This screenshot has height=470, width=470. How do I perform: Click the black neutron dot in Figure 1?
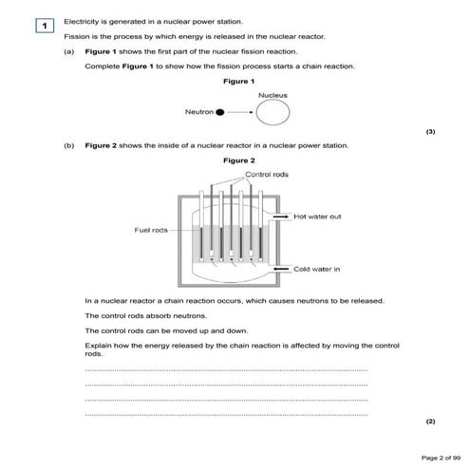(220, 112)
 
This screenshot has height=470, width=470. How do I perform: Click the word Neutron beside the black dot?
(199, 112)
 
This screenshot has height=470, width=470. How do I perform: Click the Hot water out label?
(318, 217)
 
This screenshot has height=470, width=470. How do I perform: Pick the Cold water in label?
(316, 269)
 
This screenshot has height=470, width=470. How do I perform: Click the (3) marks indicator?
(430, 132)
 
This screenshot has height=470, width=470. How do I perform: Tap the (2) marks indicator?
(430, 419)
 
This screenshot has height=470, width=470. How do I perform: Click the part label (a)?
(69, 51)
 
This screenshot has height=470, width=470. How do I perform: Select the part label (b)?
(69, 145)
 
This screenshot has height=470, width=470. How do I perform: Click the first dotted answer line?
(226, 370)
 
